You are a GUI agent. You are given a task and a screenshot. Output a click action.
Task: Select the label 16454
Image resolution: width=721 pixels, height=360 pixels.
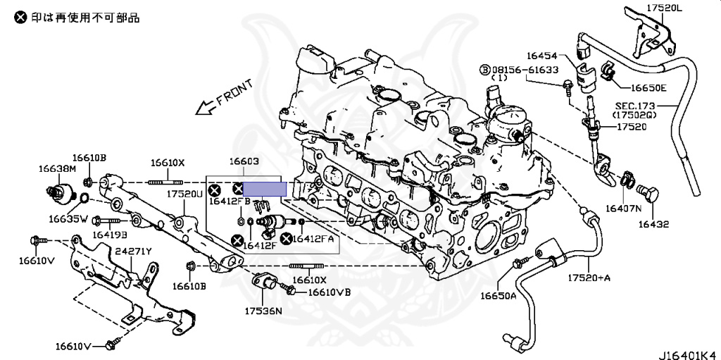[x=540, y=54]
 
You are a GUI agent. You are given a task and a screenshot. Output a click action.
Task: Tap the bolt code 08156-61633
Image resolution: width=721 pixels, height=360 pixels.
[x=525, y=70]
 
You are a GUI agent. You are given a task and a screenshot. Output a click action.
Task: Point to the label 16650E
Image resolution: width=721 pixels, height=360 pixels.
[x=648, y=88]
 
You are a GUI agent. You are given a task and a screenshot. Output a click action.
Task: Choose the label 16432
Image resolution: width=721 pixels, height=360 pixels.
[x=653, y=225]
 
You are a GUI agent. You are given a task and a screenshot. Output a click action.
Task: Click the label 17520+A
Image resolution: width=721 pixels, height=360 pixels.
[x=589, y=278]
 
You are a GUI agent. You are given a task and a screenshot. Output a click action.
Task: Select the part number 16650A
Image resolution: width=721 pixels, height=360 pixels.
[x=499, y=295]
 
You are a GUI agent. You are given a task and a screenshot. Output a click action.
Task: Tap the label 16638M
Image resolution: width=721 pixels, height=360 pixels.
[x=57, y=168]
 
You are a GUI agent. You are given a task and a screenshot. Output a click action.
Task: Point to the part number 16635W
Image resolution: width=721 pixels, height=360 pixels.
[x=68, y=218]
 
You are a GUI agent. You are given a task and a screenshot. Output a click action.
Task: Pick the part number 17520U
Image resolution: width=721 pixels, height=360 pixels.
[x=184, y=193]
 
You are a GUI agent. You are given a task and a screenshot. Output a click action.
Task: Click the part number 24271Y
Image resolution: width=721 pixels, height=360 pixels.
[x=134, y=251]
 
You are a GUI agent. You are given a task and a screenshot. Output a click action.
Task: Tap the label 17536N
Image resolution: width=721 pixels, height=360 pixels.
[x=263, y=311]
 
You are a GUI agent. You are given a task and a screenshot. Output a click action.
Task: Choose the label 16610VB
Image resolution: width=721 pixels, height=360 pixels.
[x=330, y=292]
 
